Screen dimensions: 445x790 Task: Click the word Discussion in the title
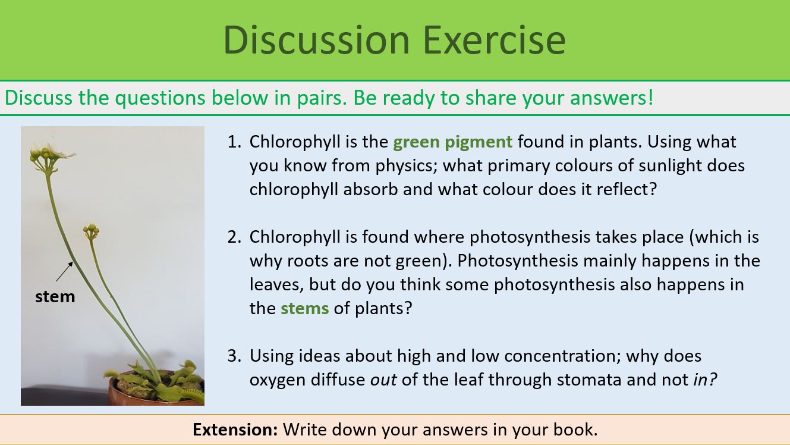tap(317, 39)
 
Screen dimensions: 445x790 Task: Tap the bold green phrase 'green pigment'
tap(452, 142)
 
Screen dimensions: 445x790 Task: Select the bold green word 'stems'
tap(304, 308)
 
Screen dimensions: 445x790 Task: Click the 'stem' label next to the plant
tap(55, 296)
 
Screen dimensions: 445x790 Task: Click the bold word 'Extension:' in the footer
tap(235, 430)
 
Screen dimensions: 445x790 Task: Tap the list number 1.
tap(234, 142)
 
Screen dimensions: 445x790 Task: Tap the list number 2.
tap(234, 237)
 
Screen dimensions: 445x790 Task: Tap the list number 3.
tap(234, 356)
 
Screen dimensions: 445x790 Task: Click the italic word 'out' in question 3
tap(383, 380)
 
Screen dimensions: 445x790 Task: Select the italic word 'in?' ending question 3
tap(705, 380)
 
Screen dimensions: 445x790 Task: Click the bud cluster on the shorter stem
tap(91, 230)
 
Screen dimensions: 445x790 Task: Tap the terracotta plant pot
tap(137, 393)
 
